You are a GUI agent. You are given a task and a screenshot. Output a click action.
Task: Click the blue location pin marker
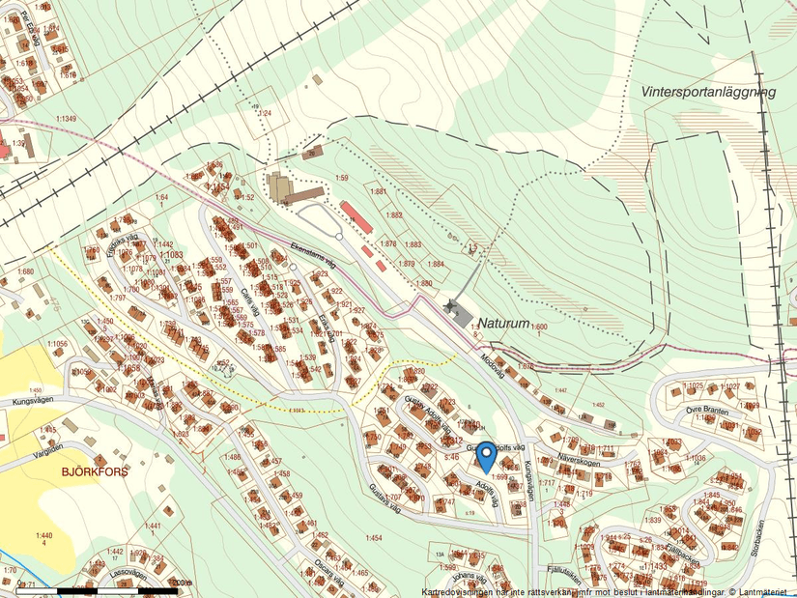coord(488,454)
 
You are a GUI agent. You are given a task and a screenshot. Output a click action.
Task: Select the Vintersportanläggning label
coord(708,92)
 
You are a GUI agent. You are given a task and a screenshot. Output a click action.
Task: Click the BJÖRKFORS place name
coord(95,472)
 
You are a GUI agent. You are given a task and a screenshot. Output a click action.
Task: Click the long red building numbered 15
coord(356,215)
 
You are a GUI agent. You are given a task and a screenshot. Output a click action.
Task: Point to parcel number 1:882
coord(393,215)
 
